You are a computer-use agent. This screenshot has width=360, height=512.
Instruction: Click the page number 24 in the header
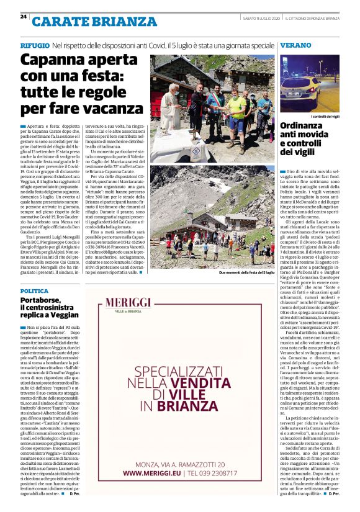coord(24,17)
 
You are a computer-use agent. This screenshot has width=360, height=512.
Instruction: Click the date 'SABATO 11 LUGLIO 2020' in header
coord(263,17)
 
